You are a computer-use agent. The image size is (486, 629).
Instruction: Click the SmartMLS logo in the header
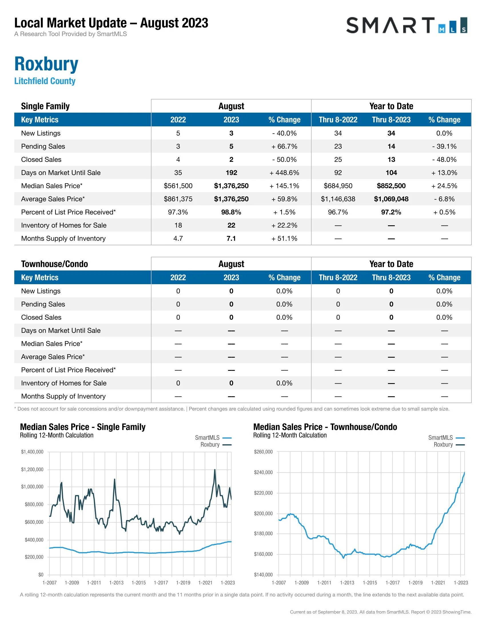pos(406,25)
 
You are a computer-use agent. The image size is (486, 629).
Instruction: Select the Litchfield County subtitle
pos(45,81)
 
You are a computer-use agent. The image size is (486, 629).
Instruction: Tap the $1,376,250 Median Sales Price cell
pos(231,186)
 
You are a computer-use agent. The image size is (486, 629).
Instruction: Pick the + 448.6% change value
pos(284,173)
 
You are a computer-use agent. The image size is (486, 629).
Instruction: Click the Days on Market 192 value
pos(231,173)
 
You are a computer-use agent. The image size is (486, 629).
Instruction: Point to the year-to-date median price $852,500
pos(391,186)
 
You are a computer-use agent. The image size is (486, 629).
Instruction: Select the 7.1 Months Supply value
pos(231,238)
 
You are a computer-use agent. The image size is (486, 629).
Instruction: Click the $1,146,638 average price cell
pos(338,199)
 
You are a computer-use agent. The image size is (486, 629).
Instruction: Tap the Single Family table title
pos(45,106)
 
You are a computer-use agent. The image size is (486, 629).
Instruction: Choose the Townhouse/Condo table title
pos(54,264)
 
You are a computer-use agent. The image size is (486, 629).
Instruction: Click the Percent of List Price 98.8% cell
pos(231,212)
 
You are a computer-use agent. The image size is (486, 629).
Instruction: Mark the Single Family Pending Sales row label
pos(43,146)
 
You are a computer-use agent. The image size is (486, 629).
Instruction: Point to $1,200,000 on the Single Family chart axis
pos(32,469)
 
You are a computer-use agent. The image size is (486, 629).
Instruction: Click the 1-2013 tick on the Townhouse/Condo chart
pos(347,583)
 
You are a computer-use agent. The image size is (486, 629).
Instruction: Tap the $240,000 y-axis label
pos(263,472)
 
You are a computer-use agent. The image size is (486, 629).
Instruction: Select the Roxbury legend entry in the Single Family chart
pos(216,445)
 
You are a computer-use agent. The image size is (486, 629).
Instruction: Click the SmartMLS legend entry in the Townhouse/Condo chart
pos(446,438)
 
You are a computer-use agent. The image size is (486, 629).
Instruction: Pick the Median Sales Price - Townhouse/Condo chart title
pos(325,427)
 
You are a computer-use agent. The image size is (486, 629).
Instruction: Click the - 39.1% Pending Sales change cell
pos(444,146)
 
